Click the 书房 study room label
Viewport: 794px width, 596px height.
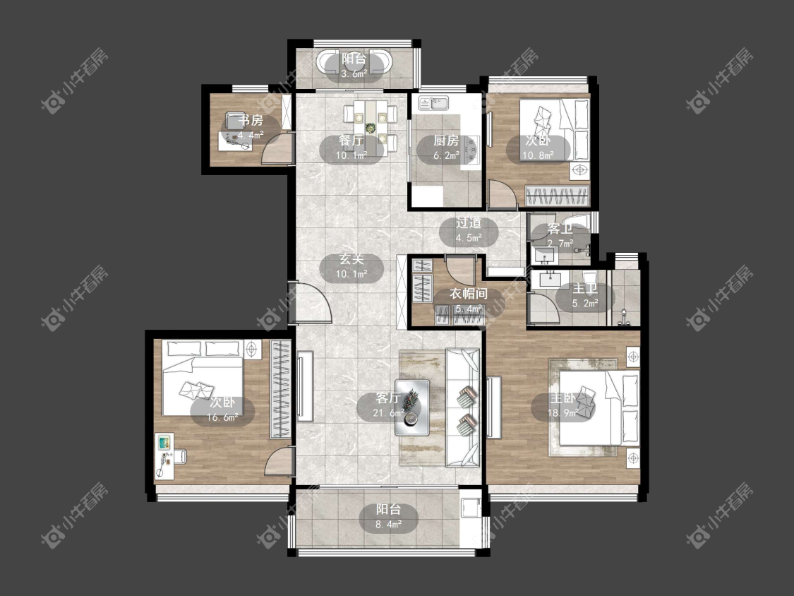(x=251, y=121)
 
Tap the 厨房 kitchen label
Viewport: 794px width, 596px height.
(x=446, y=141)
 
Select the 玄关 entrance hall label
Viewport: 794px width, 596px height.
(x=351, y=259)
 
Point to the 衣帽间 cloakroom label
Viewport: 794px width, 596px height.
(x=469, y=294)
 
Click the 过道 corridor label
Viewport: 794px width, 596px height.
(x=469, y=223)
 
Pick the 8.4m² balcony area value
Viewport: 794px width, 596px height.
(x=388, y=525)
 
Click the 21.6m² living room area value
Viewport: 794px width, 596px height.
(x=388, y=413)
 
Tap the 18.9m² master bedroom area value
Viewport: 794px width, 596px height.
(x=563, y=413)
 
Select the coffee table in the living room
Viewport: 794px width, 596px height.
(x=412, y=407)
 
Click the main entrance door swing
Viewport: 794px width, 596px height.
(x=313, y=303)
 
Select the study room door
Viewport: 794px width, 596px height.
(x=277, y=150)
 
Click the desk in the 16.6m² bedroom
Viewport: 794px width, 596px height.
(x=164, y=456)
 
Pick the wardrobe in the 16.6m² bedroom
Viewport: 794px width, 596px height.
(x=280, y=389)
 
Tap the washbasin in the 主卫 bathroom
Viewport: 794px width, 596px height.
(x=548, y=278)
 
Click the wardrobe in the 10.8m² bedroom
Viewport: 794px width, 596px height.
(x=558, y=196)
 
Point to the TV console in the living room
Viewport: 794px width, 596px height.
(x=305, y=386)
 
